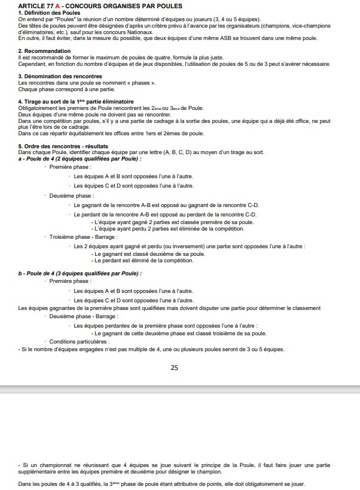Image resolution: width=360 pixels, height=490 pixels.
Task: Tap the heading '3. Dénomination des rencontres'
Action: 60,76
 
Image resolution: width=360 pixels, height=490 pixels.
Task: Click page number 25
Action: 174,368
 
